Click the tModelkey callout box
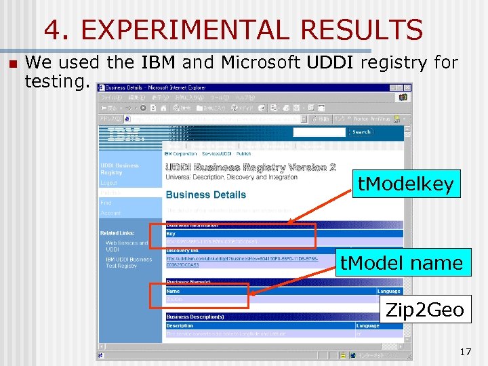click(405, 184)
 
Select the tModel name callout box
click(401, 262)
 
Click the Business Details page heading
click(206, 195)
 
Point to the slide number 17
click(465, 352)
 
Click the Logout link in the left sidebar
click(109, 183)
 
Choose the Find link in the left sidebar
click(106, 202)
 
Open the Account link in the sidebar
click(110, 212)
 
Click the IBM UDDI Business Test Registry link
click(129, 262)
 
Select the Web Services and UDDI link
click(126, 246)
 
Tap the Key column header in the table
click(171, 234)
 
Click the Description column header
click(180, 326)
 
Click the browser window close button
click(407, 87)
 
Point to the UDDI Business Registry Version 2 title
click(251, 167)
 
